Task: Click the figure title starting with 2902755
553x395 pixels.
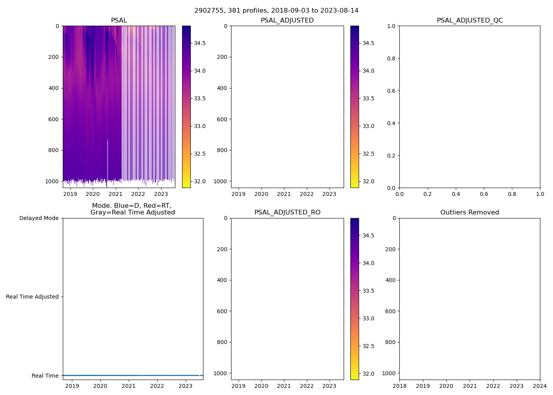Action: tap(276, 11)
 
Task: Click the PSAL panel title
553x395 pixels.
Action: tap(119, 21)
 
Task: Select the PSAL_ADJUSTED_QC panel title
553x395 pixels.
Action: tap(470, 21)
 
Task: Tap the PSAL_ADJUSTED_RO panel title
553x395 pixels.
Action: tap(287, 213)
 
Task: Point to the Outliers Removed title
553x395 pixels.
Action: tap(470, 213)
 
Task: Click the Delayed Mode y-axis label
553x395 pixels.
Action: tap(39, 218)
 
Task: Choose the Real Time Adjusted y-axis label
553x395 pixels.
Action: tap(32, 297)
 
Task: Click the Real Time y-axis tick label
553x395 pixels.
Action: tap(45, 376)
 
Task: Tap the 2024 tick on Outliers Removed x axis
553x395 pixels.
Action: tap(540, 386)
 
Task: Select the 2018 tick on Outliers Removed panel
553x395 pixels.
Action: tap(399, 386)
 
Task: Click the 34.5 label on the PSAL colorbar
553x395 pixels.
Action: tap(199, 43)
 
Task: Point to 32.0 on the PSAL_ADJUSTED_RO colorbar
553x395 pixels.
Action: tap(369, 374)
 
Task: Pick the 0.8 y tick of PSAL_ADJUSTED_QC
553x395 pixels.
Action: tap(391, 58)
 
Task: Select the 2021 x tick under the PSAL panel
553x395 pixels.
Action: tap(115, 194)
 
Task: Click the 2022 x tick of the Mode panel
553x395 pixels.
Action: tap(157, 386)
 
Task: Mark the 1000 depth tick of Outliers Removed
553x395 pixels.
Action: tap(389, 373)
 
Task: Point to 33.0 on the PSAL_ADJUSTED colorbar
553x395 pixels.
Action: tap(369, 126)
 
